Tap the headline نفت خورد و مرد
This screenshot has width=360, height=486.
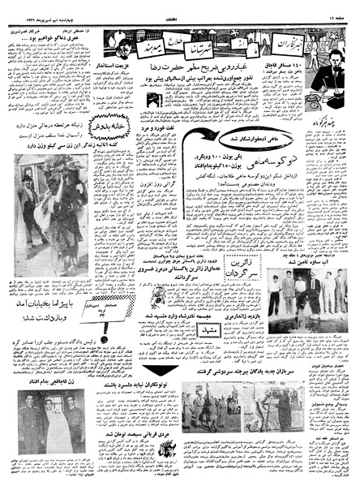[174, 127]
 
